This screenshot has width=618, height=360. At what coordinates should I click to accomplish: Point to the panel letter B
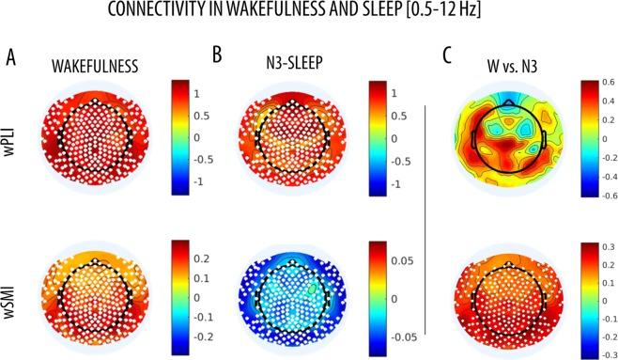216,56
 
